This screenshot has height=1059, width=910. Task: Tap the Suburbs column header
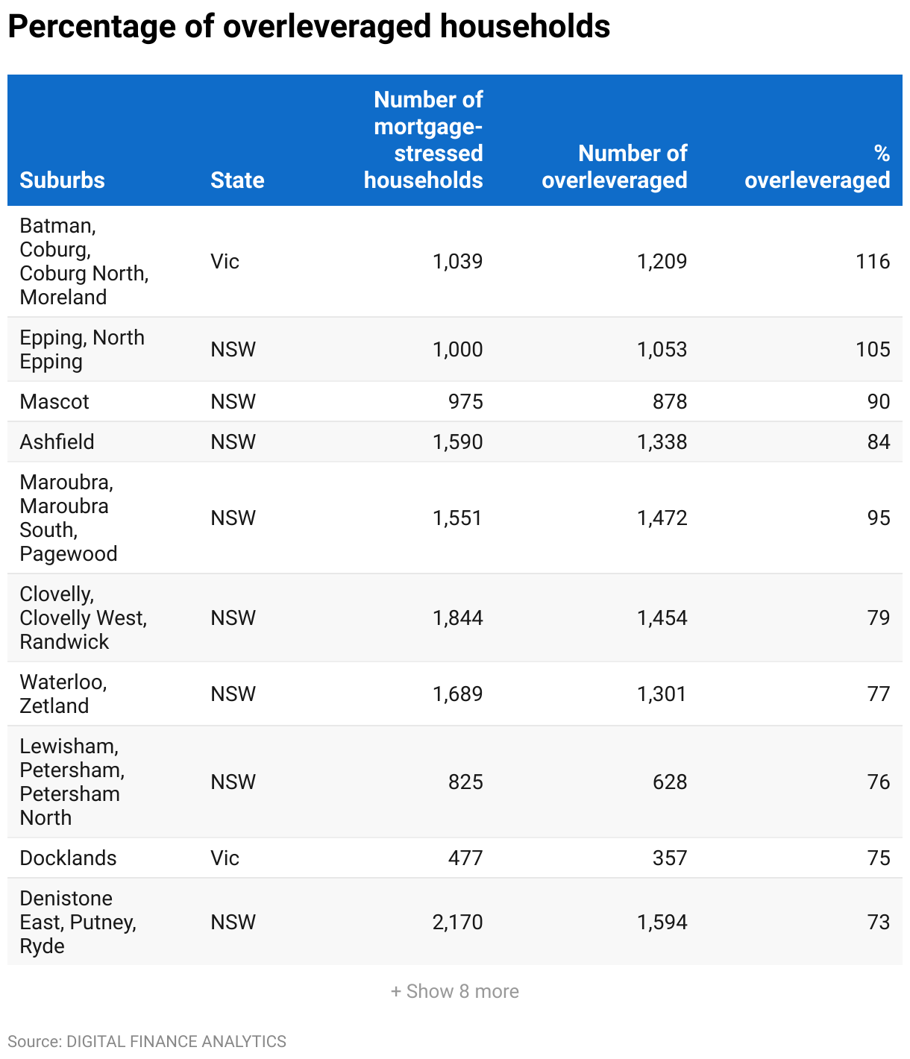(x=62, y=180)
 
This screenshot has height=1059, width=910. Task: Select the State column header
(x=237, y=180)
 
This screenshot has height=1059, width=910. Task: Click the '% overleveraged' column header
(x=817, y=166)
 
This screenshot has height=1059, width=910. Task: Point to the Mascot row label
(x=54, y=401)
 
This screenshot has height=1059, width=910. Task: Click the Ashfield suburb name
(x=57, y=441)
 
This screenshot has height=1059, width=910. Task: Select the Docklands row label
(x=68, y=858)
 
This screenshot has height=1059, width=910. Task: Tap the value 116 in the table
(x=873, y=261)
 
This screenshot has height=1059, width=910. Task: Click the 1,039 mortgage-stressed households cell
(x=457, y=261)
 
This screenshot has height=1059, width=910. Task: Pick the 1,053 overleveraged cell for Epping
(x=662, y=349)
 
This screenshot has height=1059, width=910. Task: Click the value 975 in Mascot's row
(x=465, y=401)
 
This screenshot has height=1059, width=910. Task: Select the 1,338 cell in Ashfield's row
(x=662, y=441)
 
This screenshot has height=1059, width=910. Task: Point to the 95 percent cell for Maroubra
(x=878, y=518)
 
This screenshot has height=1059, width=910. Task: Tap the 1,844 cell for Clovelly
(x=457, y=618)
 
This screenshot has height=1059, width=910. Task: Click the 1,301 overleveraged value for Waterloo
(x=662, y=694)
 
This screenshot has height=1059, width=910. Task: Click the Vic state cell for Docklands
(x=225, y=858)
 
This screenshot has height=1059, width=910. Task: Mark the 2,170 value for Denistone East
(x=457, y=922)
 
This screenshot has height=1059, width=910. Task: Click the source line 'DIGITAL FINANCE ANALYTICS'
(x=176, y=1041)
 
